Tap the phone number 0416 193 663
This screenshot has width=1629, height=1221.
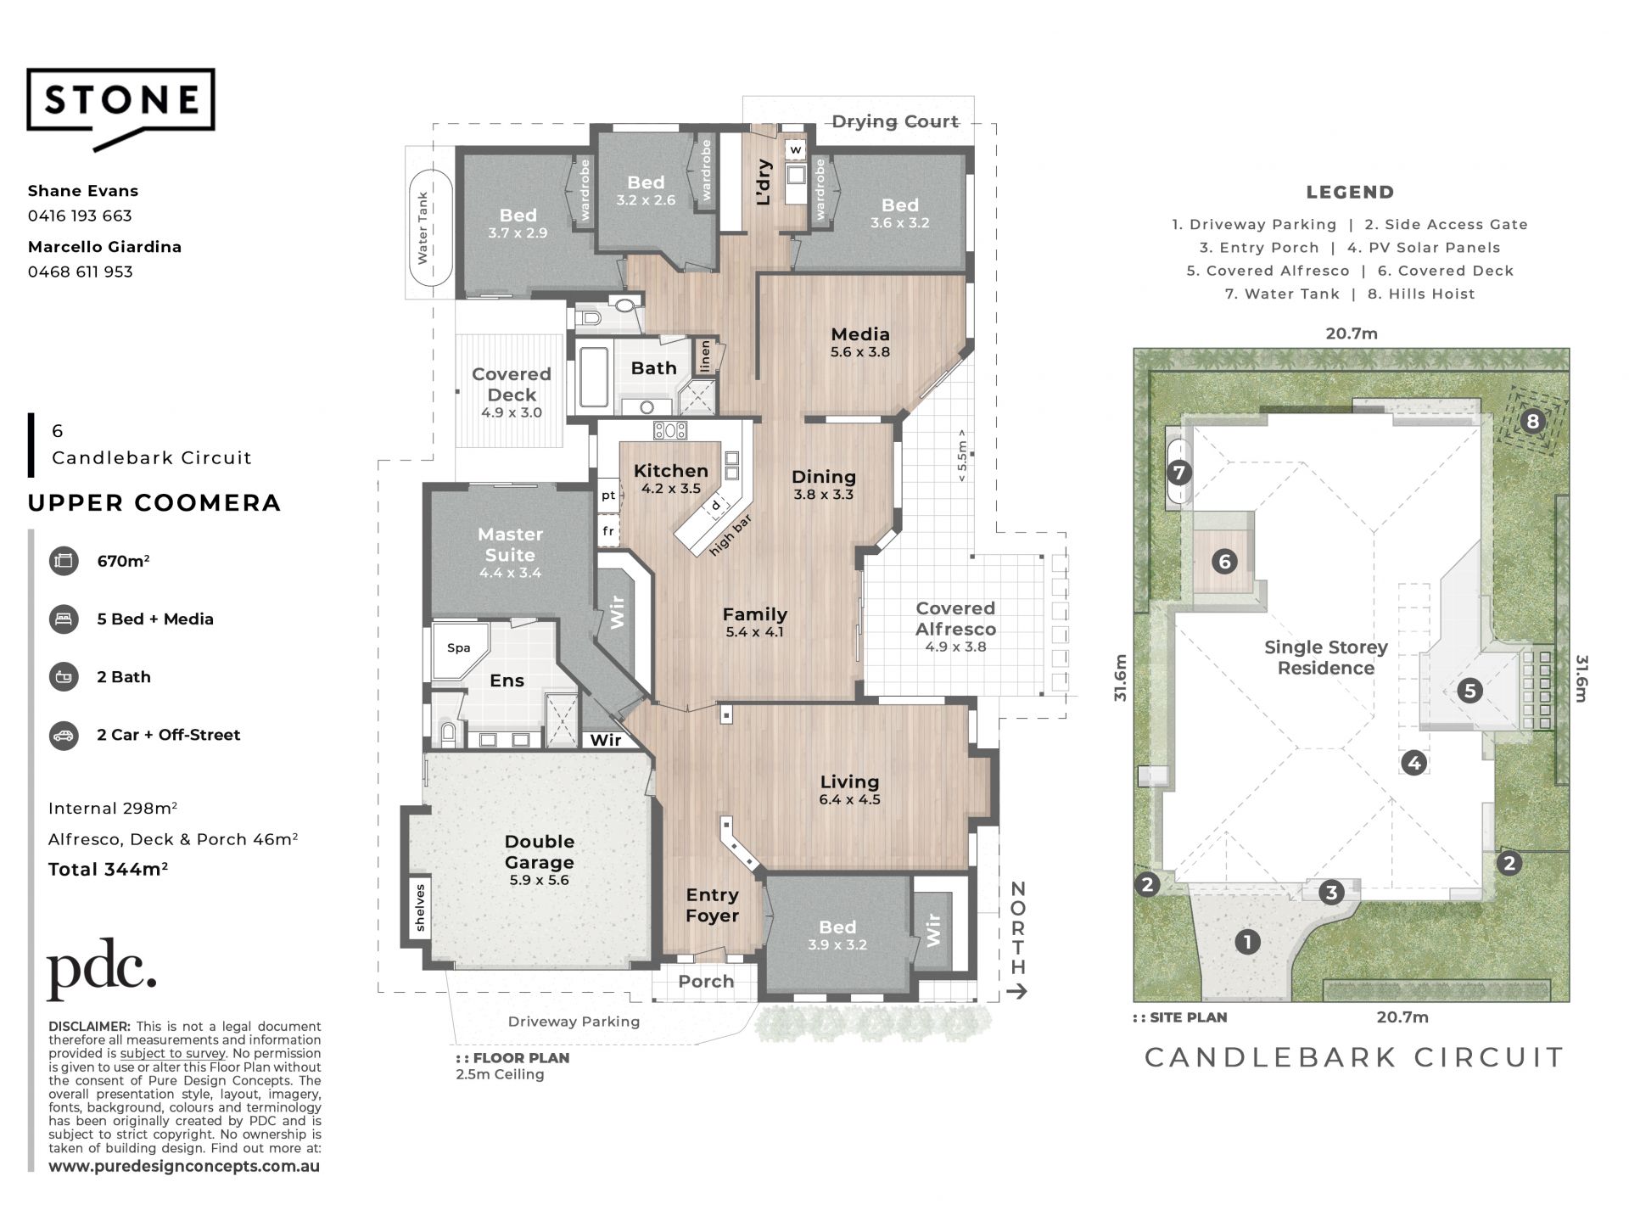(80, 216)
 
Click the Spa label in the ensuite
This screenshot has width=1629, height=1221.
(459, 648)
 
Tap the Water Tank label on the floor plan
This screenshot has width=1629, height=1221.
(423, 227)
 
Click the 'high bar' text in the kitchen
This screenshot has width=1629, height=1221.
(731, 536)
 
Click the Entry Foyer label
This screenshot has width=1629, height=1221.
(713, 905)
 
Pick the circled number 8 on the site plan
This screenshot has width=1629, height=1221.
(1532, 421)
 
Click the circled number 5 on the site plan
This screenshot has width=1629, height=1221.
(1470, 691)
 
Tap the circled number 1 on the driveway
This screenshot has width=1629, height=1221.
(1247, 941)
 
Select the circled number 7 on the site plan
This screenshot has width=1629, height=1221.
(1179, 473)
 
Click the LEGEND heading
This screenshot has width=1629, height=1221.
(1350, 193)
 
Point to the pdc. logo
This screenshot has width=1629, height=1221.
(101, 969)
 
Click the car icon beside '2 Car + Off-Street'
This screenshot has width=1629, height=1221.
(64, 735)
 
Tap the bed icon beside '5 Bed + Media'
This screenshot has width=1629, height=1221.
(64, 619)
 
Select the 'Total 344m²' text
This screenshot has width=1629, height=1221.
(108, 869)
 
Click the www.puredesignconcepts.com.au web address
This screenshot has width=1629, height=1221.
(184, 1167)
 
